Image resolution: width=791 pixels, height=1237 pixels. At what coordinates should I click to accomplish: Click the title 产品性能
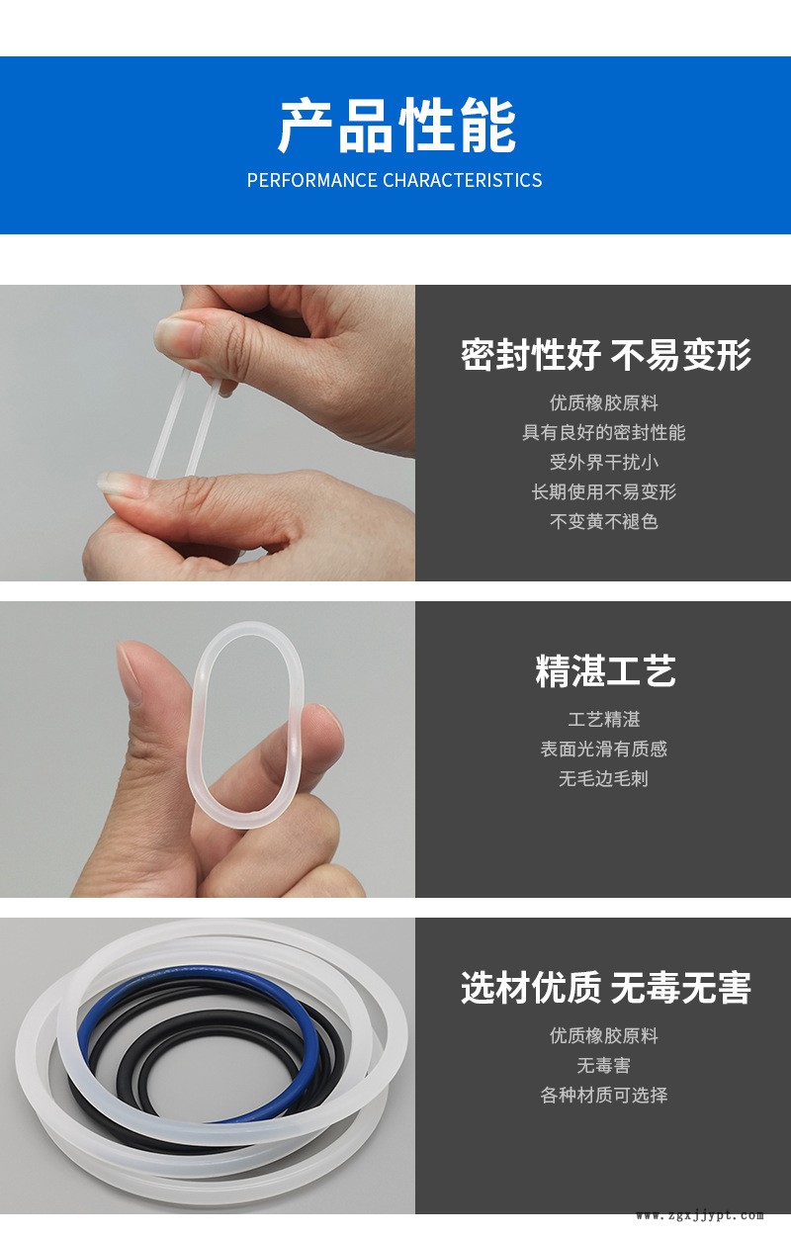(396, 126)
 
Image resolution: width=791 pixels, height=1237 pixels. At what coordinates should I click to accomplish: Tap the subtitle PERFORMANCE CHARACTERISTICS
(395, 180)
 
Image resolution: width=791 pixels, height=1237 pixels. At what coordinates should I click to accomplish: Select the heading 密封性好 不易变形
(605, 355)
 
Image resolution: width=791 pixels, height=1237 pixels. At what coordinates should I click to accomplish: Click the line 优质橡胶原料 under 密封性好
(604, 403)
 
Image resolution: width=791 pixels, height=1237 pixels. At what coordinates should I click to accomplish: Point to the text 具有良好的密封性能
(604, 433)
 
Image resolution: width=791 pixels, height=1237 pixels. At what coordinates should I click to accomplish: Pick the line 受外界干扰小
(604, 462)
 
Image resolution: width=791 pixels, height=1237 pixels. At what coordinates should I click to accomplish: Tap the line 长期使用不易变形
(604, 492)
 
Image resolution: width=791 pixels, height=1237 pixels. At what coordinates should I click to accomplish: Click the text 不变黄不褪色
(604, 522)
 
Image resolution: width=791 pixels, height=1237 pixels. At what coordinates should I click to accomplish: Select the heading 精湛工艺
(605, 671)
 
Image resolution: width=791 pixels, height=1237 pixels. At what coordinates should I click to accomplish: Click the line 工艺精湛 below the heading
(604, 719)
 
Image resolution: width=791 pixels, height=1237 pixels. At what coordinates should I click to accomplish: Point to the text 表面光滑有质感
(604, 749)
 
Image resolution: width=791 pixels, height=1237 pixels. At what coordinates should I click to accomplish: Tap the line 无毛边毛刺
(604, 778)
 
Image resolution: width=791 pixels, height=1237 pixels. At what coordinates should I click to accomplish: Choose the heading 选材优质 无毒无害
(605, 988)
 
